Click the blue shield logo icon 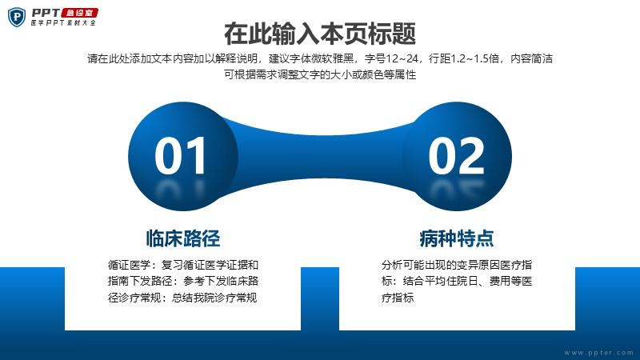tap(17, 17)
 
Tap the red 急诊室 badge tap(79, 13)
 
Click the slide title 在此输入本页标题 tap(320, 34)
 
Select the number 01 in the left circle tap(180, 155)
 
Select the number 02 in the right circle tap(456, 155)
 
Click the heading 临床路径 tap(183, 238)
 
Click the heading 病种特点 tap(457, 238)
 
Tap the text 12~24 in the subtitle tap(402, 58)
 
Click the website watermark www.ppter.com tap(598, 352)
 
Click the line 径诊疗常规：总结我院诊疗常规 tap(182, 298)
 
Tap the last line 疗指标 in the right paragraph tap(398, 298)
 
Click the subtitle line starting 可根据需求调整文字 tap(320, 74)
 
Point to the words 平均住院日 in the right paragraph tap(451, 282)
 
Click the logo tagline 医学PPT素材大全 tap(64, 23)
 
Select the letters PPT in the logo tap(46, 13)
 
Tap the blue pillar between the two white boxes tap(320, 298)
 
